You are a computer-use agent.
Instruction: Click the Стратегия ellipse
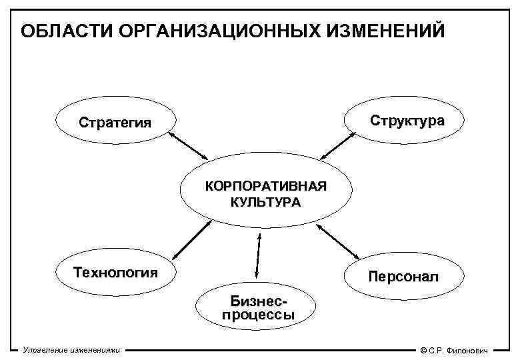coord(115,123)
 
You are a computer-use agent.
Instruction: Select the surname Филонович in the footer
coord(467,350)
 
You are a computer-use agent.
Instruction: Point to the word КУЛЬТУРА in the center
coord(266,201)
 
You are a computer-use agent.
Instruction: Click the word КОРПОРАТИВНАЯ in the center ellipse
coord(266,186)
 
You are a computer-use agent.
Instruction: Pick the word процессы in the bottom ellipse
coord(258,315)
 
